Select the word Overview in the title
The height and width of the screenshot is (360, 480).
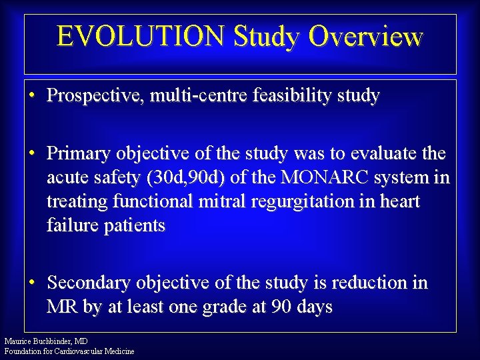pyautogui.click(x=365, y=37)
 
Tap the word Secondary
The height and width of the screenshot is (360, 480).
pyautogui.click(x=89, y=283)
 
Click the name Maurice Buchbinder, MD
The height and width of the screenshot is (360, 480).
pyautogui.click(x=46, y=341)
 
